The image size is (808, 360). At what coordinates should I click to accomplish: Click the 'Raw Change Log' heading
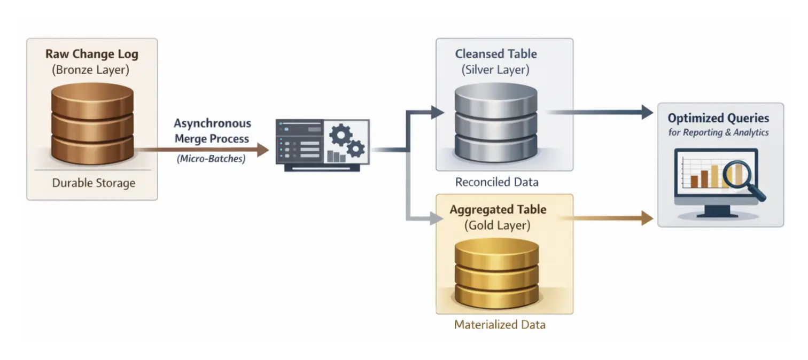point(91,54)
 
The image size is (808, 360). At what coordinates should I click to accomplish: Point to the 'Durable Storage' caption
point(94,183)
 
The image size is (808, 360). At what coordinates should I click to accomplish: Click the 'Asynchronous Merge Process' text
point(212,131)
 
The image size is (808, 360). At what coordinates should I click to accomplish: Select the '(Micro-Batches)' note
point(211,159)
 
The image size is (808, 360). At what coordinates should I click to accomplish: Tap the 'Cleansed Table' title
point(496,54)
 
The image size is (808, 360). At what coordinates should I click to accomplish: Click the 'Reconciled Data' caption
point(496,182)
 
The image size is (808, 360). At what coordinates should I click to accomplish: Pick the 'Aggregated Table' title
point(498,209)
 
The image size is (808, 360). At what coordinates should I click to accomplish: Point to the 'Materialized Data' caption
point(500,324)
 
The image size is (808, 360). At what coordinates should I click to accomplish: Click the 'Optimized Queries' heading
point(718,118)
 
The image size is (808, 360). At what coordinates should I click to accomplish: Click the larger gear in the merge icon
point(340,135)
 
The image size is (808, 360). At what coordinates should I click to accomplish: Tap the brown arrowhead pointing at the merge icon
point(263,150)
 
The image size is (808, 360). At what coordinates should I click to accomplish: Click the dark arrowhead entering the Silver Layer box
point(438,112)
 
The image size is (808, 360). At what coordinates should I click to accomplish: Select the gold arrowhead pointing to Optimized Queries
point(647,218)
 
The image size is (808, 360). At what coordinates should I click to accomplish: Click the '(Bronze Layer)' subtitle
point(91,69)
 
